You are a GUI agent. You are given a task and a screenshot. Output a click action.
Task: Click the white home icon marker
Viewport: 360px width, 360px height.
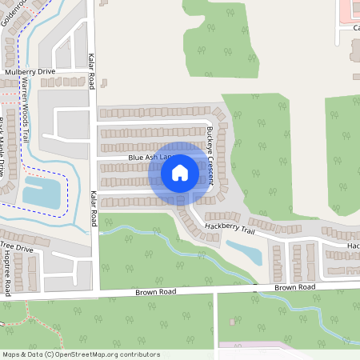pos(180,172)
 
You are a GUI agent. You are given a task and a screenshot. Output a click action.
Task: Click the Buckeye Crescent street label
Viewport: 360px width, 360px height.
pos(210,155)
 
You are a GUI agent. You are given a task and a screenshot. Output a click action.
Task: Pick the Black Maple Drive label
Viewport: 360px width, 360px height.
pos(7,148)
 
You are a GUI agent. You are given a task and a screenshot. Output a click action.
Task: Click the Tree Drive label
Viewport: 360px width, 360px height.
pos(16,248)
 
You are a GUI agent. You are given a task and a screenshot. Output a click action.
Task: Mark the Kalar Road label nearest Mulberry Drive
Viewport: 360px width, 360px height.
pos(91,70)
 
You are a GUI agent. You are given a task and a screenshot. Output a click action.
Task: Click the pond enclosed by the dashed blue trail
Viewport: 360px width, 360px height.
pos(37,192)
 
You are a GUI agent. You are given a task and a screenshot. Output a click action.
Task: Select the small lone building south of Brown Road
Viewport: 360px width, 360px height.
pos(233,322)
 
